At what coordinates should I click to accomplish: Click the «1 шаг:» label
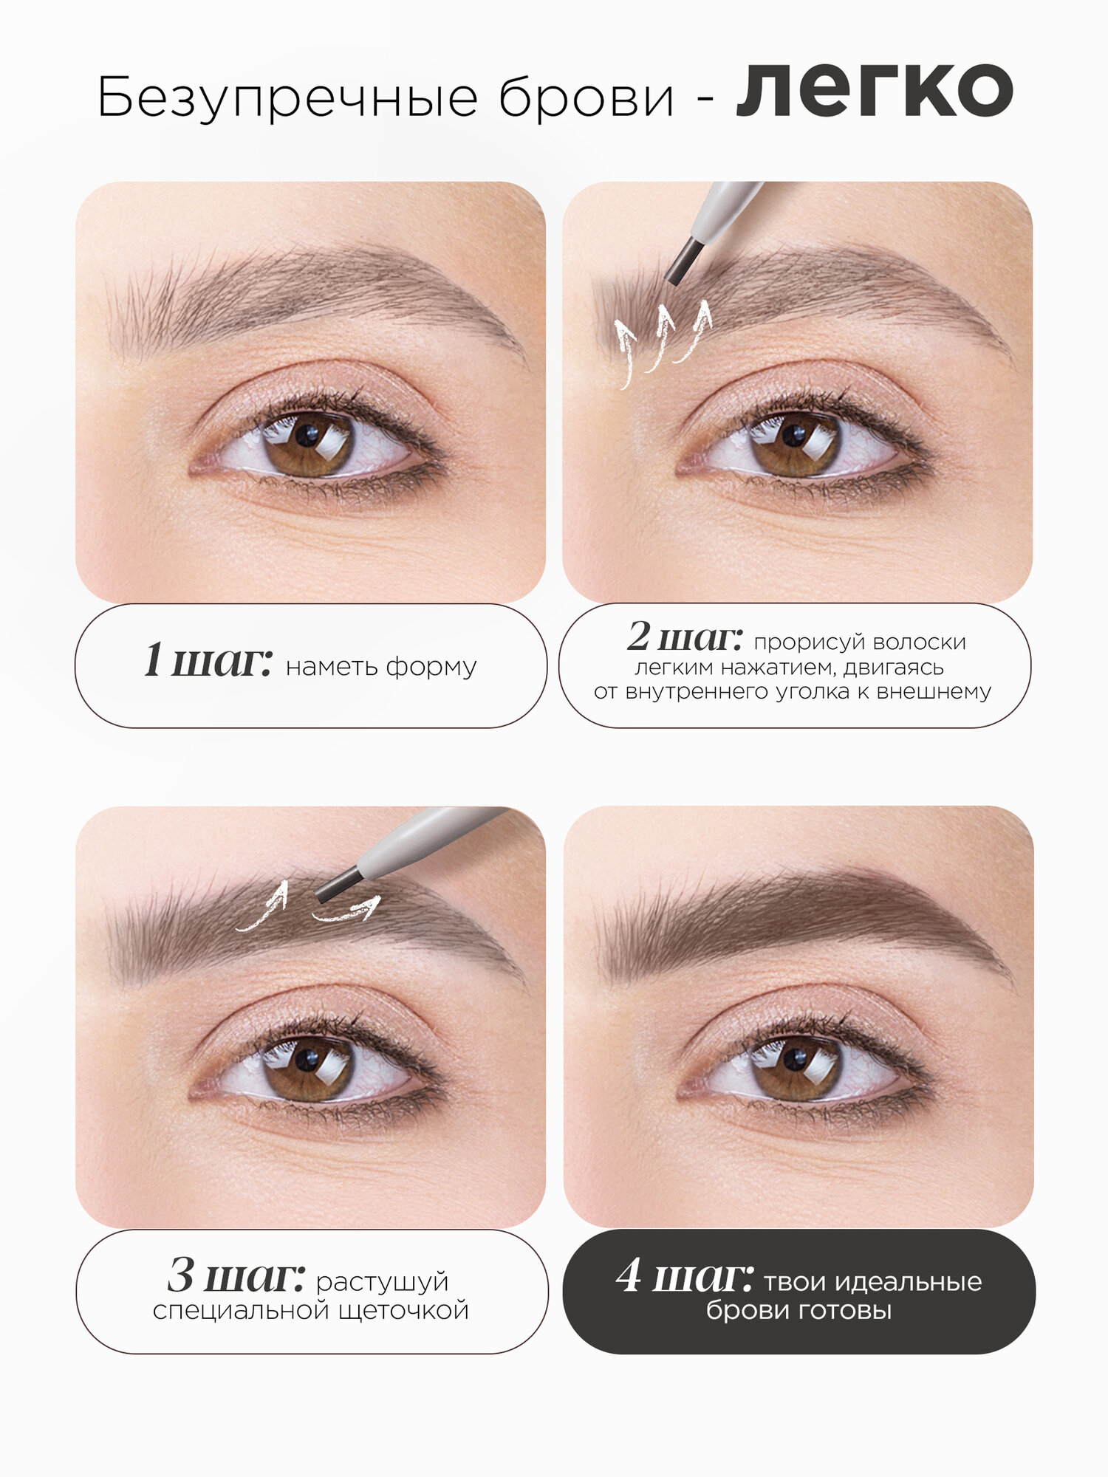(208, 659)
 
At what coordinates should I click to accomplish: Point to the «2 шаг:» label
(684, 637)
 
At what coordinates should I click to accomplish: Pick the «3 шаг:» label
(236, 1275)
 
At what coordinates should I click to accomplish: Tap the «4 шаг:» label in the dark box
(684, 1275)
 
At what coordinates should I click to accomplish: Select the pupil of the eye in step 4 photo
(795, 1060)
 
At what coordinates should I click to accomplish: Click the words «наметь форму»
(381, 666)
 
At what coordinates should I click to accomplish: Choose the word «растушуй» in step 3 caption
(382, 1281)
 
